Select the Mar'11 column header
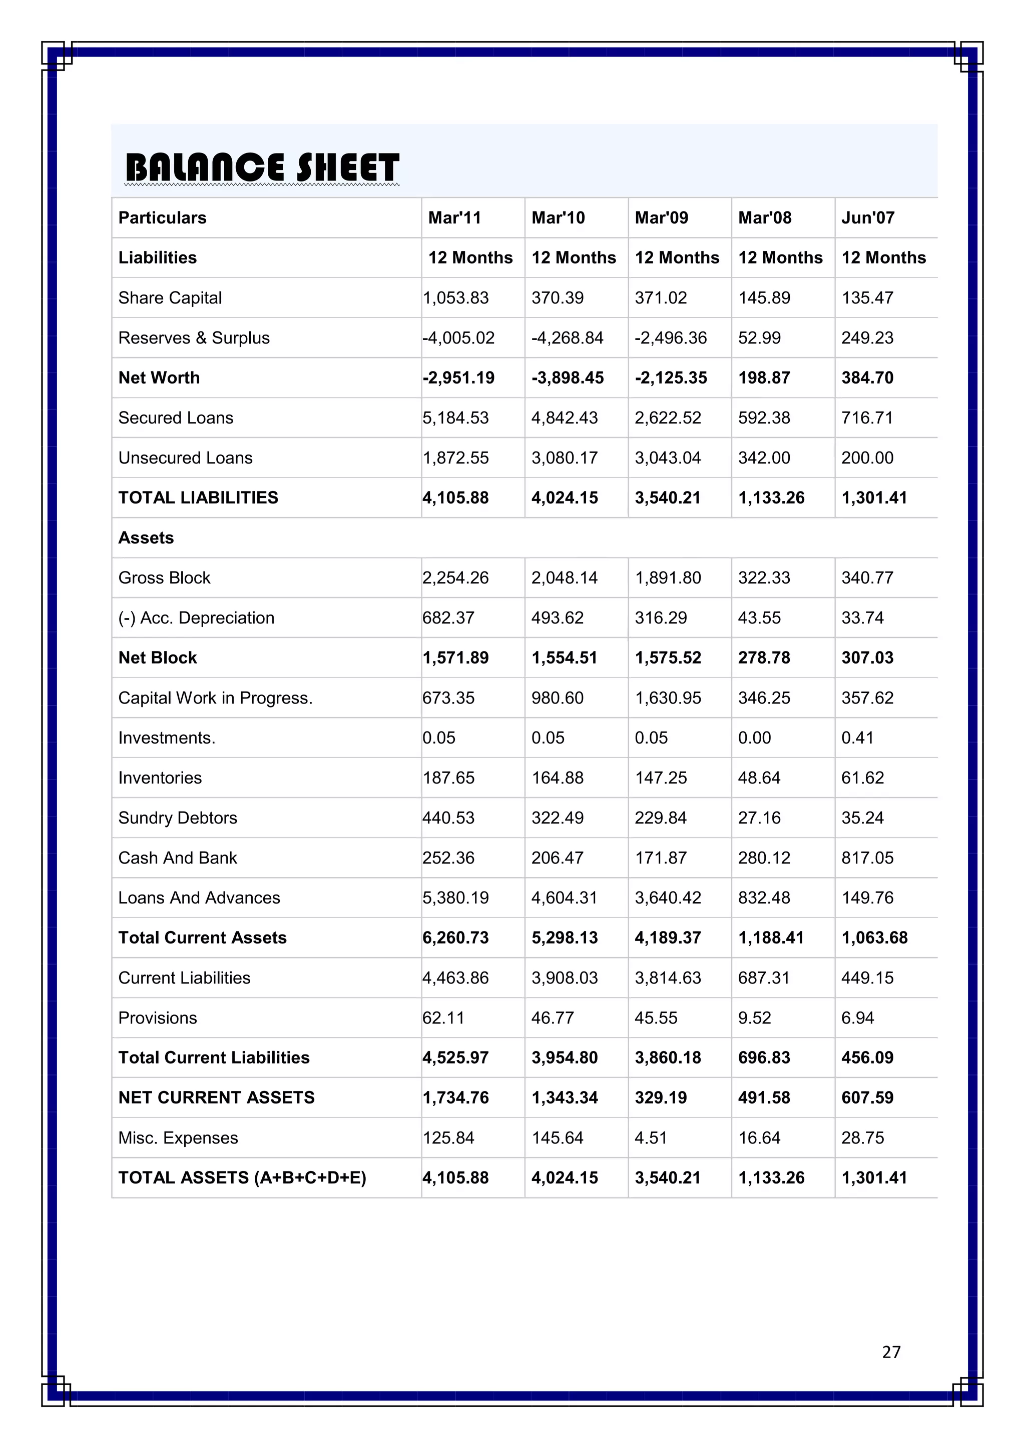pyautogui.click(x=454, y=217)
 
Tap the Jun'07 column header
pyautogui.click(x=868, y=217)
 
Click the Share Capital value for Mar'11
pyautogui.click(x=456, y=297)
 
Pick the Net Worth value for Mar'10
pyautogui.click(x=568, y=378)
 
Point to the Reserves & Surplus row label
pyautogui.click(x=194, y=338)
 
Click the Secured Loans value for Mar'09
pyautogui.click(x=668, y=417)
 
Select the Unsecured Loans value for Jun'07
pyautogui.click(x=867, y=458)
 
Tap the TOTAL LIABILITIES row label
pyautogui.click(x=198, y=497)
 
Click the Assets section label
pyautogui.click(x=146, y=538)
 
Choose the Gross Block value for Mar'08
pyautogui.click(x=764, y=577)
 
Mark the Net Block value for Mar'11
pyautogui.click(x=456, y=658)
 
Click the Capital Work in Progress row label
pyautogui.click(x=215, y=698)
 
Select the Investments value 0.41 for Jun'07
pyautogui.click(x=857, y=738)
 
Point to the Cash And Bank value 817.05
pyautogui.click(x=867, y=857)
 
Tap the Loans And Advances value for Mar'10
pyautogui.click(x=564, y=897)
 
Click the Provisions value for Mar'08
pyautogui.click(x=754, y=1018)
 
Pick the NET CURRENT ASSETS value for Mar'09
pyautogui.click(x=661, y=1097)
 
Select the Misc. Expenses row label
pyautogui.click(x=178, y=1137)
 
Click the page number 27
pyautogui.click(x=891, y=1351)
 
